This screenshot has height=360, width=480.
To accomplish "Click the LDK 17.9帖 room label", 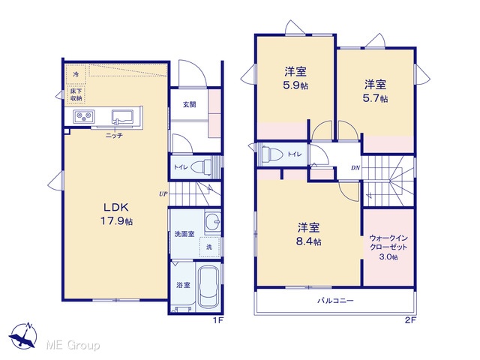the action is pos(117,214).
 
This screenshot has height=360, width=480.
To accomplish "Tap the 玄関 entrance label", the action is pos(190,105).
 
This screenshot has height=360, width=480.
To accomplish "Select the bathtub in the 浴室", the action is pos(208,286).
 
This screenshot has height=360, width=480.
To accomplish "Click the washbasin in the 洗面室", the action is pos(212,222).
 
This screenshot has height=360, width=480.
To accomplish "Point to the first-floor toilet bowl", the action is pos(201,166).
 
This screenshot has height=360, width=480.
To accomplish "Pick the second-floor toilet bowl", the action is pos(271,154).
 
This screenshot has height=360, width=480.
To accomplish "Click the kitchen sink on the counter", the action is pos(122,117).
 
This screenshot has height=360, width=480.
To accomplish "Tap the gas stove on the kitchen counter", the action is pos(83,117).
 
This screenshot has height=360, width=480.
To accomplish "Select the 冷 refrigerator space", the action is pos(76,74).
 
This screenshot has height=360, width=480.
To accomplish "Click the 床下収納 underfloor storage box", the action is pos(76,94).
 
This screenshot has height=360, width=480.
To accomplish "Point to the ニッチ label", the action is pos(114,135).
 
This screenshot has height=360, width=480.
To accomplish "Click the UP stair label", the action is pos(163,193).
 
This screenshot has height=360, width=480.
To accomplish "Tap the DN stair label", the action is pos(355,168).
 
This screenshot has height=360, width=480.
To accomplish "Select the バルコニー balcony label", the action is pos(335,300).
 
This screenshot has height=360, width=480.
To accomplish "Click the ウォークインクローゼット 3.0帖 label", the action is pos(388,247).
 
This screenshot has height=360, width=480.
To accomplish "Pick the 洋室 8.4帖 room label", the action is pos(308,235).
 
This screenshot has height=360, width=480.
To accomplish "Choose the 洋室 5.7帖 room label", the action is pos(375,91).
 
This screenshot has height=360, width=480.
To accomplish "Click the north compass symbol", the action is pos(23,335).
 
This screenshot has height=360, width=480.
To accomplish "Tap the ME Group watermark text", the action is pos(73,346).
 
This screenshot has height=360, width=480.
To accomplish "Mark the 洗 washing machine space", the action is pos(210,247).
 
